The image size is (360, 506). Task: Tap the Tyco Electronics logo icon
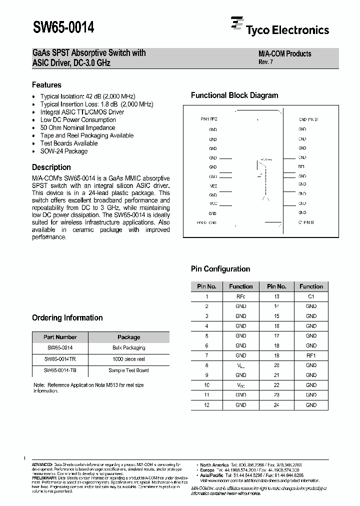(236, 23)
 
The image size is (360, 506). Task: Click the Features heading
(46, 85)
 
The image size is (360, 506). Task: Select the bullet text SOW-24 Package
(63, 151)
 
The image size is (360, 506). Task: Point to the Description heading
(51, 167)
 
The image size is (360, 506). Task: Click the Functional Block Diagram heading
(234, 95)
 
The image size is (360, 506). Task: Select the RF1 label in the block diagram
(301, 166)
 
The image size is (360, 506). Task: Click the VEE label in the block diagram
(213, 185)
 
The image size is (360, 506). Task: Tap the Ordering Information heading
(67, 318)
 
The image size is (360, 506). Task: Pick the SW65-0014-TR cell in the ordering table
(60, 359)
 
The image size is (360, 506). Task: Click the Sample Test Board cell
(128, 370)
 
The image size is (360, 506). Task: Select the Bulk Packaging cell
(128, 347)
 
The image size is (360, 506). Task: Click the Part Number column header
(60, 337)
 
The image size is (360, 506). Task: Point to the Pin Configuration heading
(220, 269)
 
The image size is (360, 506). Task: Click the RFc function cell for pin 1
(240, 296)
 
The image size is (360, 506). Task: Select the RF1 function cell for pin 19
(311, 355)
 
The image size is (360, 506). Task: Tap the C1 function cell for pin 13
(311, 296)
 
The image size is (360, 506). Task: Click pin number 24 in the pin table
(276, 404)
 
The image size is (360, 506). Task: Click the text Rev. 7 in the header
(265, 62)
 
